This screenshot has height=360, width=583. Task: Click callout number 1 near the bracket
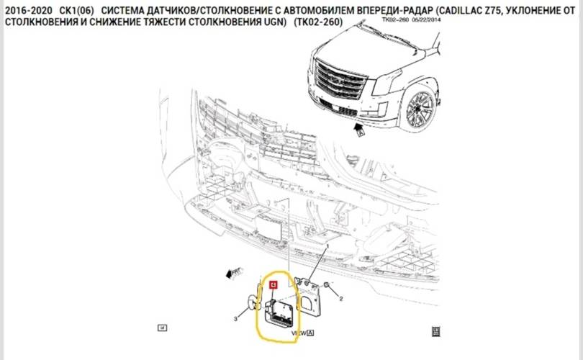pyautogui.click(x=329, y=247)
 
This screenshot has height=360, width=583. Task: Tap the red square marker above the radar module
pyautogui.click(x=273, y=285)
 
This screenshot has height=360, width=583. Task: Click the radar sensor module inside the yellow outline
pyautogui.click(x=281, y=312)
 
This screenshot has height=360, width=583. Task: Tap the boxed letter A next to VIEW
pyautogui.click(x=311, y=333)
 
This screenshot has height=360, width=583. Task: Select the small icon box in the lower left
pyautogui.click(x=162, y=328)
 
